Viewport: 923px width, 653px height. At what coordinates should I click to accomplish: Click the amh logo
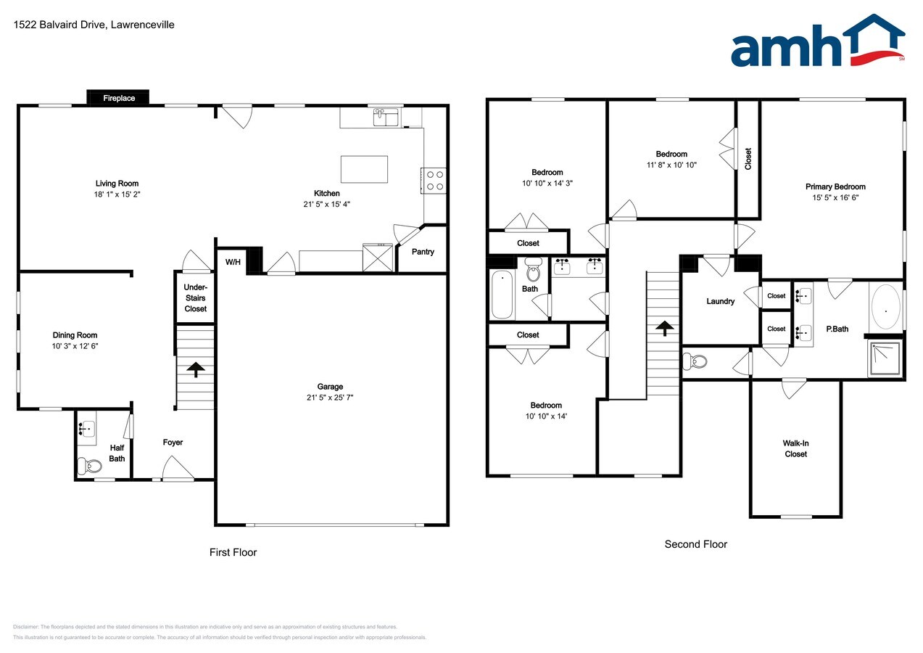pos(817,41)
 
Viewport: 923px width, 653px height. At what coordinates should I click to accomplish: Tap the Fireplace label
pos(118,98)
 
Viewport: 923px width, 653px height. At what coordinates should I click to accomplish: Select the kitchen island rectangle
pos(364,169)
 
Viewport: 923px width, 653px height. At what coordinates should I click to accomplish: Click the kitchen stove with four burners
pos(434,180)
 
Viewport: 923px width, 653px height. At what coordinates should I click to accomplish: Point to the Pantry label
pos(423,252)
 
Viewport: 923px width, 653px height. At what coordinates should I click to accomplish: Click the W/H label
pos(233,262)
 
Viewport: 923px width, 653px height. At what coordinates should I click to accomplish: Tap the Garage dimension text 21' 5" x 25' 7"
pos(330,397)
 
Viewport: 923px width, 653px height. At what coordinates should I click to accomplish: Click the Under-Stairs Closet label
pos(195,298)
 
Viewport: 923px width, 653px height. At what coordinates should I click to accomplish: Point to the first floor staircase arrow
pos(195,369)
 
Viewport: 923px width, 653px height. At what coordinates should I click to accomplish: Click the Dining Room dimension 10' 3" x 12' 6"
pos(75,346)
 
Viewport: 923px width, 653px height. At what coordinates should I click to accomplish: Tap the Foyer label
pos(173,442)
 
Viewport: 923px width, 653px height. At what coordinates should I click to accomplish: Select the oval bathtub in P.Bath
pos(885,308)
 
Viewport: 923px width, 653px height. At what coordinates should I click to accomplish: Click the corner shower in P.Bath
pos(886,358)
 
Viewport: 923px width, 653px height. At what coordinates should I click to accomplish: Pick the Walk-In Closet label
pos(795,448)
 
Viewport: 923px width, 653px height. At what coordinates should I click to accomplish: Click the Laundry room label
pos(720,301)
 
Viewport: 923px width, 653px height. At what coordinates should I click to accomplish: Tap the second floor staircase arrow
pos(662,328)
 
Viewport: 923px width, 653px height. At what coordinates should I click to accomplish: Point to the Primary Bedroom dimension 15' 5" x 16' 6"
pos(835,197)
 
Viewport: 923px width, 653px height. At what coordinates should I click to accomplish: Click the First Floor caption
pos(233,552)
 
